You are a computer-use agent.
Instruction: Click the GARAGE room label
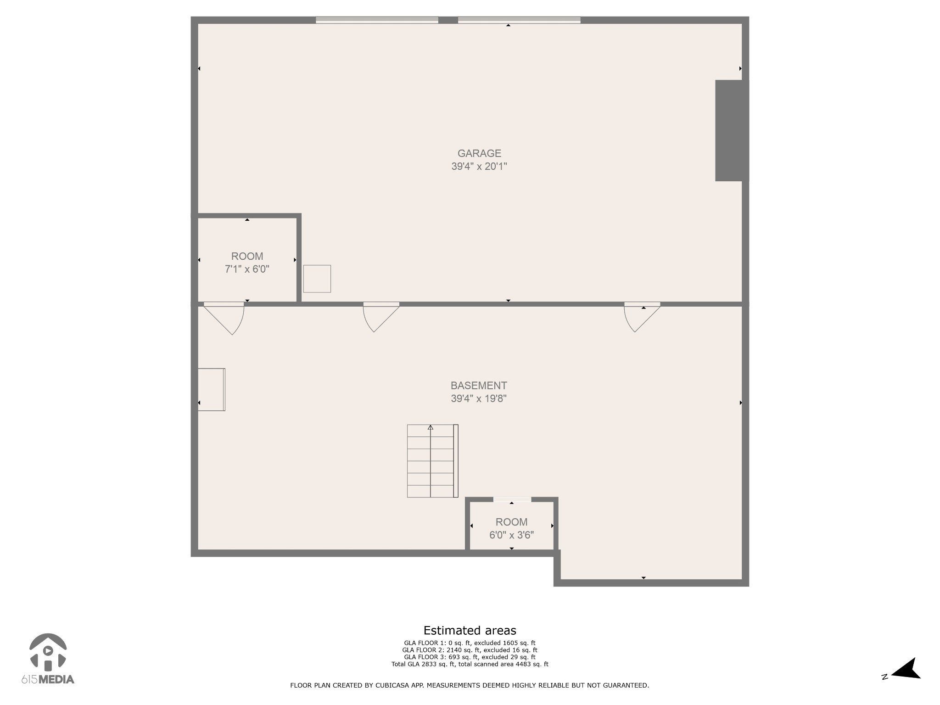click(479, 153)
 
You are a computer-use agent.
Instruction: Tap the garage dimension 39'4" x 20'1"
click(479, 166)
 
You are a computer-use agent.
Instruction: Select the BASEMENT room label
click(478, 386)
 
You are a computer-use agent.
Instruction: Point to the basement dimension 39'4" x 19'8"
click(478, 398)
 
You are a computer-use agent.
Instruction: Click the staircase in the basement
click(432, 461)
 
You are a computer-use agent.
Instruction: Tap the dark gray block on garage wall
click(731, 130)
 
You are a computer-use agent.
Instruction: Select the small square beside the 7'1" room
click(317, 279)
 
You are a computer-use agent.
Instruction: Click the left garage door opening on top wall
click(377, 20)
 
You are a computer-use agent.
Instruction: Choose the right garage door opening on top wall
click(519, 20)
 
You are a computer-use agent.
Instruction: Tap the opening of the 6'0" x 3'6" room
click(512, 499)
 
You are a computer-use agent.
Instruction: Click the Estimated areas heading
click(470, 630)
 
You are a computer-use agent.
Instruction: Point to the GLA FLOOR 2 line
click(470, 650)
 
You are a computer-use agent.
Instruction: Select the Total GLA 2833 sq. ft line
click(470, 664)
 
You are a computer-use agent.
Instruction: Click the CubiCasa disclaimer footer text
click(470, 685)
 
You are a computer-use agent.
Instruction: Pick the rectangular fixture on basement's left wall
click(212, 389)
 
